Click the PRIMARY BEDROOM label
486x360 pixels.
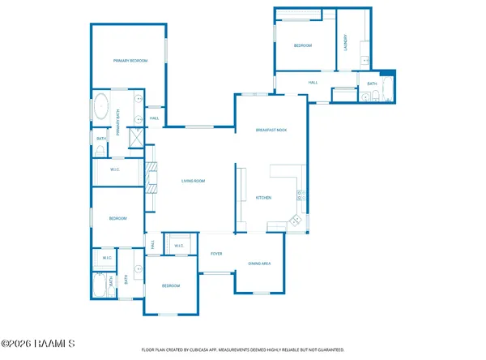130,61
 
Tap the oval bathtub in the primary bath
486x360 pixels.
102,107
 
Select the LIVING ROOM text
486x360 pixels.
193,181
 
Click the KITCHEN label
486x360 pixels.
263,198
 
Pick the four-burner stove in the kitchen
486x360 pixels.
301,195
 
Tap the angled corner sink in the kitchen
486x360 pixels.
295,220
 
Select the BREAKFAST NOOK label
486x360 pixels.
271,131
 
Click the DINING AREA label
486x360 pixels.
259,264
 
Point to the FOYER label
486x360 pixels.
216,254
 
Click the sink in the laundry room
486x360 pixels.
365,59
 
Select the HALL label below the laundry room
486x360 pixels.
313,82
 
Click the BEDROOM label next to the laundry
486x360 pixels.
303,45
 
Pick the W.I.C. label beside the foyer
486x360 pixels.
178,246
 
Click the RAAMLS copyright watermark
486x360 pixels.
39,344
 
